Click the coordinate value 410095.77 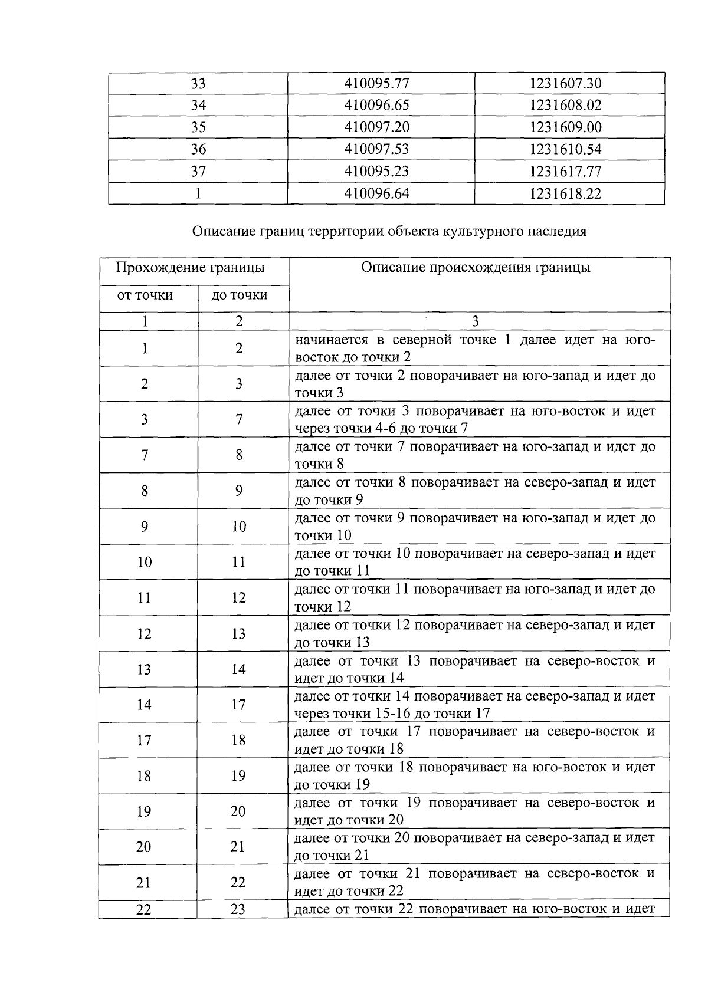point(376,83)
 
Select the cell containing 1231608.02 point(565,106)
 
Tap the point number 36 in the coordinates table point(198,150)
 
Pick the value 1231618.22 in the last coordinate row point(565,194)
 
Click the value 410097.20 point(376,127)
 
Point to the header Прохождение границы point(190,268)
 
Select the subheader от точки point(145,295)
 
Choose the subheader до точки point(240,295)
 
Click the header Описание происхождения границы point(476,268)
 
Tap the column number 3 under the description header point(476,321)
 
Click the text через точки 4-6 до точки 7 point(382,429)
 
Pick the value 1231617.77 point(565,172)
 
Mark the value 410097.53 point(376,150)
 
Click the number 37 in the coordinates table point(198,172)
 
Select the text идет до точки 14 point(349,678)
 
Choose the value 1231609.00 point(565,127)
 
